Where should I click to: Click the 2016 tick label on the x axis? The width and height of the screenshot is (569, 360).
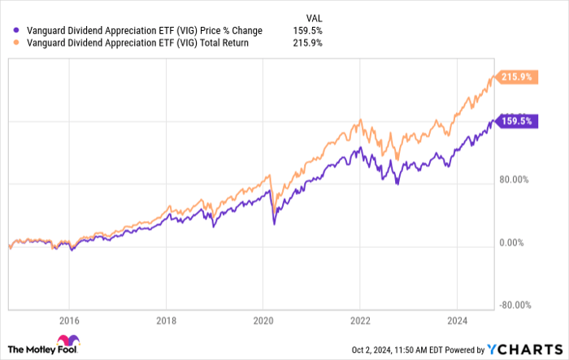(x=69, y=320)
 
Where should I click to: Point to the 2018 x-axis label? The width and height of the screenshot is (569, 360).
(x=166, y=320)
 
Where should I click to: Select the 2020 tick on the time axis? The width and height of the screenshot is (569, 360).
(x=263, y=320)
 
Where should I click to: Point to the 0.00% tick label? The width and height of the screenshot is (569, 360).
(x=515, y=242)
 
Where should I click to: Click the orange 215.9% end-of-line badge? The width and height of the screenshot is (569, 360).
(x=516, y=78)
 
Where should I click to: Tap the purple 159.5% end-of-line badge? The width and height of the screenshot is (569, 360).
(x=516, y=120)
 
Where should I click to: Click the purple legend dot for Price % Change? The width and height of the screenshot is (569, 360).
(x=10, y=31)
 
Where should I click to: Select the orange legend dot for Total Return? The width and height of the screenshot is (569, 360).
(x=10, y=43)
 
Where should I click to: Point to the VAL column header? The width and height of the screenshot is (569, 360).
(x=312, y=16)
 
